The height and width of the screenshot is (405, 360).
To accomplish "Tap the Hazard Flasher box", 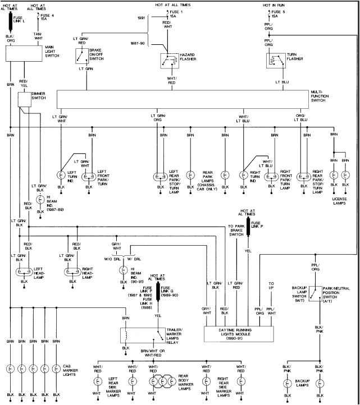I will point(168,61).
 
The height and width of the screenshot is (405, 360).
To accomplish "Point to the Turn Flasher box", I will point(274,60).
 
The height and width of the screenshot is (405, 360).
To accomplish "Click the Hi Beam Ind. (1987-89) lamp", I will point(40,200).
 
